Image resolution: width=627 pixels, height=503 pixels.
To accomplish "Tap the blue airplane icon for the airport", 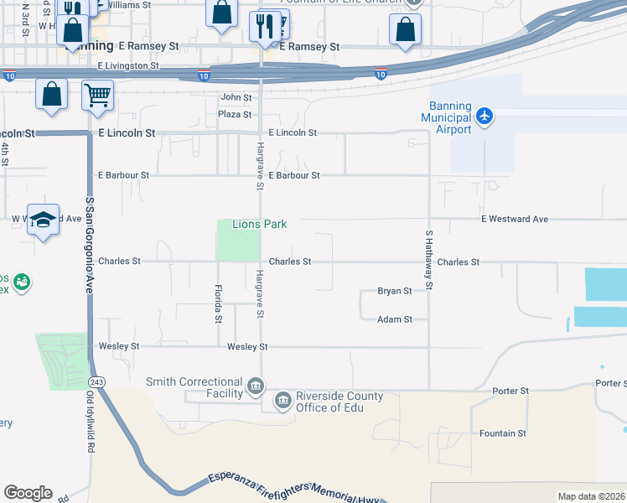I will [484, 116].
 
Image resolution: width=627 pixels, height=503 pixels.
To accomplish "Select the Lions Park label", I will [260, 224].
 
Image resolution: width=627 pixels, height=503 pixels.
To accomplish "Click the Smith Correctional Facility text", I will [194, 387].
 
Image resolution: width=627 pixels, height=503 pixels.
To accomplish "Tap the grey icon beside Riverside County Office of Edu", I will [283, 401].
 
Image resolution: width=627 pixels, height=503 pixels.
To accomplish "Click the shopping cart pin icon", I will [98, 95].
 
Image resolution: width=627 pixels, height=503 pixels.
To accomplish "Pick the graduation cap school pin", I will [43, 220].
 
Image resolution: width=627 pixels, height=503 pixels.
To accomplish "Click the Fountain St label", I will [502, 433].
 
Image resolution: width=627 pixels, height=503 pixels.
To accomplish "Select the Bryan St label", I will [394, 291].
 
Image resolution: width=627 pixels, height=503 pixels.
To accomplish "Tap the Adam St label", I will [394, 319].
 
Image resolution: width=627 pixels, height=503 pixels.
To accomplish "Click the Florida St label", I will [218, 303].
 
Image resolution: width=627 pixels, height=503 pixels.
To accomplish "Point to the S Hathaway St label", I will [429, 260].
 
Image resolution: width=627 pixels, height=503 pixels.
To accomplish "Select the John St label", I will [236, 98].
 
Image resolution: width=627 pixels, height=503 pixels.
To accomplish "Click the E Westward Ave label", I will [514, 219].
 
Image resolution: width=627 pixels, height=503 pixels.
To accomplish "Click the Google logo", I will [28, 493].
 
